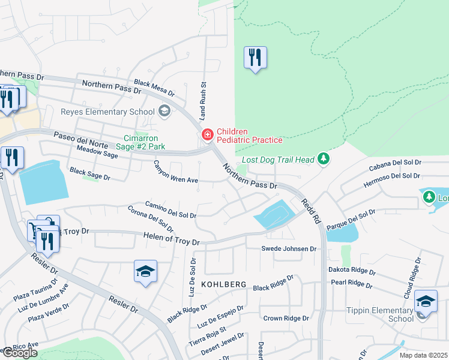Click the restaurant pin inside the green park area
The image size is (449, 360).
255,58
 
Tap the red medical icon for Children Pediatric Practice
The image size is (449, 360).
208,135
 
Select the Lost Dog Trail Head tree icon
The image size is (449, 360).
324,158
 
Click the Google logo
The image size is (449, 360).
19,352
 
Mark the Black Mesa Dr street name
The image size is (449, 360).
154,88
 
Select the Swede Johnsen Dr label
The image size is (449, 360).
288,248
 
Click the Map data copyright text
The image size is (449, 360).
424,355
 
